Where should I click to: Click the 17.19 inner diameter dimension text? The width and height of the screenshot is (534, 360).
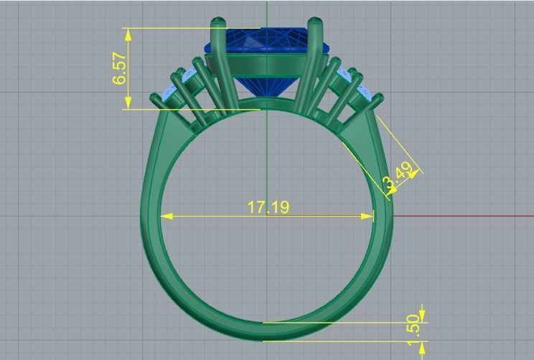(x=268, y=207)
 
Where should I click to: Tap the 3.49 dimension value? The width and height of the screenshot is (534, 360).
(x=398, y=177)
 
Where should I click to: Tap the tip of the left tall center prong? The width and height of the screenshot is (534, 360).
(x=216, y=22)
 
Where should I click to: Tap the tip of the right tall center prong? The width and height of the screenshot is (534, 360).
(x=314, y=22)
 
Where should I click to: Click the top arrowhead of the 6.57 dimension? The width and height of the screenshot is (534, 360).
(x=128, y=32)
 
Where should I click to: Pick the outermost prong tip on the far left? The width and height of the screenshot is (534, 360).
(x=154, y=98)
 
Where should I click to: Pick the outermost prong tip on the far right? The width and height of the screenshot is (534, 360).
(x=378, y=98)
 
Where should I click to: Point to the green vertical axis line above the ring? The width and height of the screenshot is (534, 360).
(x=266, y=11)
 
